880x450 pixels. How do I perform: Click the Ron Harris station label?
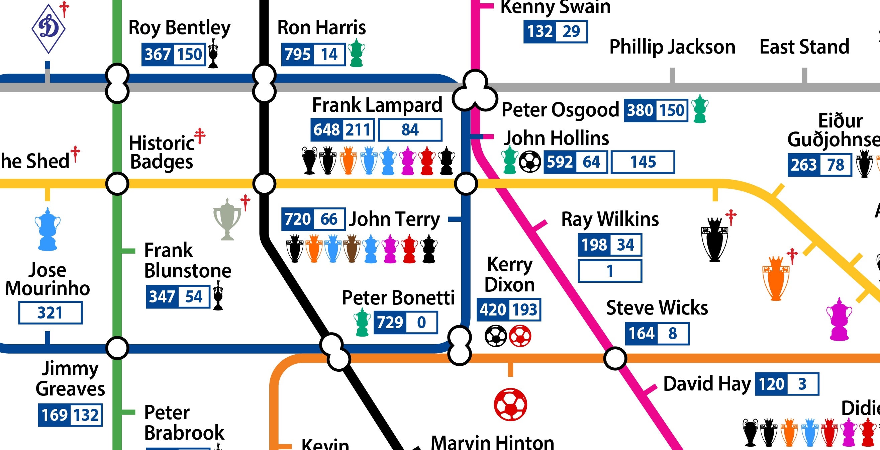321,27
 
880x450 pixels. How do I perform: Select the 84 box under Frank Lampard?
410,130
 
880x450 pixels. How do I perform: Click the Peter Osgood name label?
560,110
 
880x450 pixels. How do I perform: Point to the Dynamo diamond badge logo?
48,28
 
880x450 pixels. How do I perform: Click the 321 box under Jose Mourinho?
50,312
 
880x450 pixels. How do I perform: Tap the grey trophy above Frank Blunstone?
227,219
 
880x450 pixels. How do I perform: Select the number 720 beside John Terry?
297,219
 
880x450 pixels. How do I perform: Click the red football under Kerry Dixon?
520,336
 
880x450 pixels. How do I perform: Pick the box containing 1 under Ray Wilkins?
610,271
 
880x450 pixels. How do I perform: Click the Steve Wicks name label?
657,307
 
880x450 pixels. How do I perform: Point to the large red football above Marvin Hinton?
510,404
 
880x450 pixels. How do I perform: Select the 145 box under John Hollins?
643,162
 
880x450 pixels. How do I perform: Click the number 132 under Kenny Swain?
540,31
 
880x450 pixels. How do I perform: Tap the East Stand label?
804,47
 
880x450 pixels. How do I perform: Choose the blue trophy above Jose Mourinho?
47,229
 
